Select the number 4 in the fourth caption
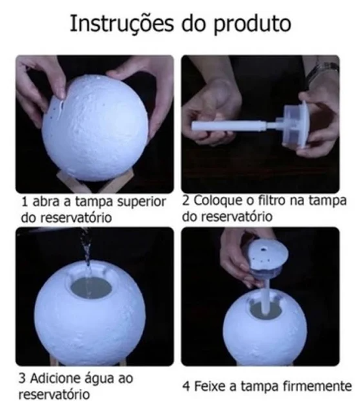(186, 387)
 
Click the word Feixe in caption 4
(210, 387)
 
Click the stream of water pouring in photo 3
(85, 250)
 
